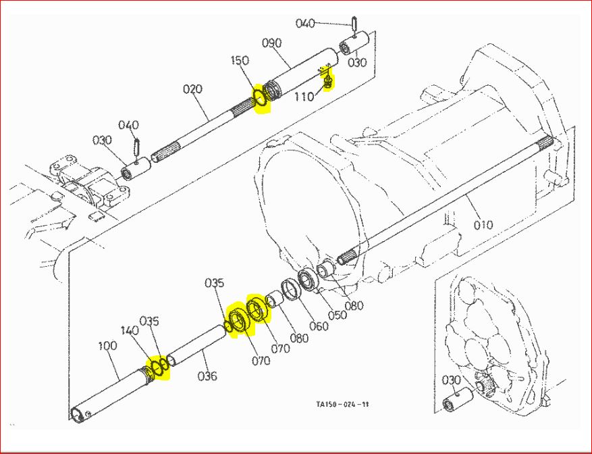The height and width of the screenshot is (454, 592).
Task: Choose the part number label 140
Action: (128, 332)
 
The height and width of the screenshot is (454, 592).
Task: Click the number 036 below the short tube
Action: (207, 376)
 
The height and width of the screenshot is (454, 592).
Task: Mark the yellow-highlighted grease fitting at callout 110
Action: (328, 81)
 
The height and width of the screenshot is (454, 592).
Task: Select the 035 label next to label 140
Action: (149, 320)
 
